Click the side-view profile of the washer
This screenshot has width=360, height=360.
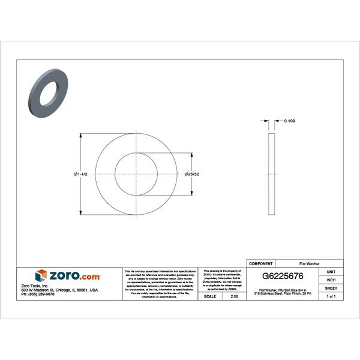271,173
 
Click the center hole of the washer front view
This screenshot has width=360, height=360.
138,174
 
